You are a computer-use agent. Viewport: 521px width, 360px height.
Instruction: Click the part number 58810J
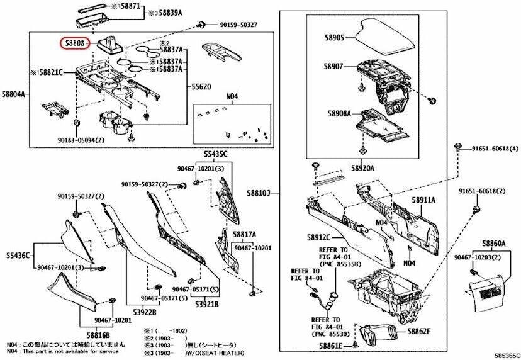[x=275, y=193]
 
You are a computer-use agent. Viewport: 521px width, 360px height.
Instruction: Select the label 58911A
[x=424, y=200]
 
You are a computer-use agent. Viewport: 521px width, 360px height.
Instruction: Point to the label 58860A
[x=494, y=243]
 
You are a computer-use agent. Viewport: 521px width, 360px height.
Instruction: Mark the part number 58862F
[x=418, y=331]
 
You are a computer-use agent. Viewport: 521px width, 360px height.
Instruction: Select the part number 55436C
[x=18, y=254]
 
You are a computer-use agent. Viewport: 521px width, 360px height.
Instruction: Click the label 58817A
[x=245, y=234]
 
